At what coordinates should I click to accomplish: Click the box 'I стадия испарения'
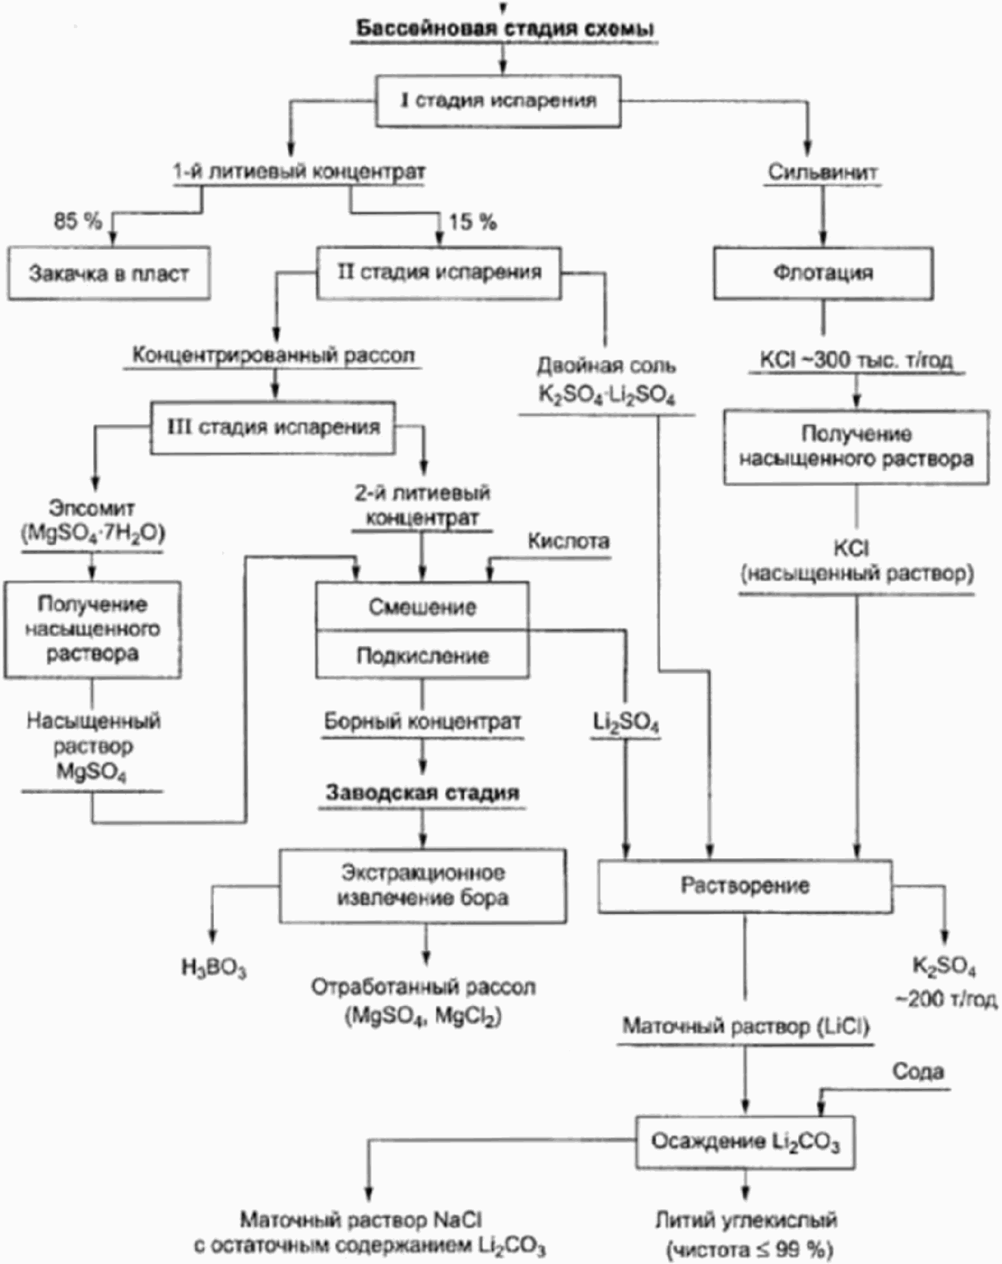498,101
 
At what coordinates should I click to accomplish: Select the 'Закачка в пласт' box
109,273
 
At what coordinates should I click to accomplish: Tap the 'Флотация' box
823,273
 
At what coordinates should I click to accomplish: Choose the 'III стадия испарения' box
273,427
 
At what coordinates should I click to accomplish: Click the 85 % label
77,221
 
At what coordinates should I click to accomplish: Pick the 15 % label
473,222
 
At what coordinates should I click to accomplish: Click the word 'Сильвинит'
823,172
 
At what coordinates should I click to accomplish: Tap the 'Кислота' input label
568,541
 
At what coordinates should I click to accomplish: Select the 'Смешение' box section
422,606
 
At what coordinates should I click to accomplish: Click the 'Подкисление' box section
422,655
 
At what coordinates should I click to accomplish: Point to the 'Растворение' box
744,885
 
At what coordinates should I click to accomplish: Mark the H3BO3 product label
214,968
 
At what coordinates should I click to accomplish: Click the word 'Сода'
918,1071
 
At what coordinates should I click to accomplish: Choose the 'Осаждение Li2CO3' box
744,1141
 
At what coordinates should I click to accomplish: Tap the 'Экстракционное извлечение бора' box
423,885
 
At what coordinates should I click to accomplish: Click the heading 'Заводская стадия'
422,792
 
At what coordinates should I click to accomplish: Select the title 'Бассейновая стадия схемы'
503,29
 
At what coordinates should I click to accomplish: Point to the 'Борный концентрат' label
422,722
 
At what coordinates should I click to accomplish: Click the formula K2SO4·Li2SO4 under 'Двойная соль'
607,395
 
